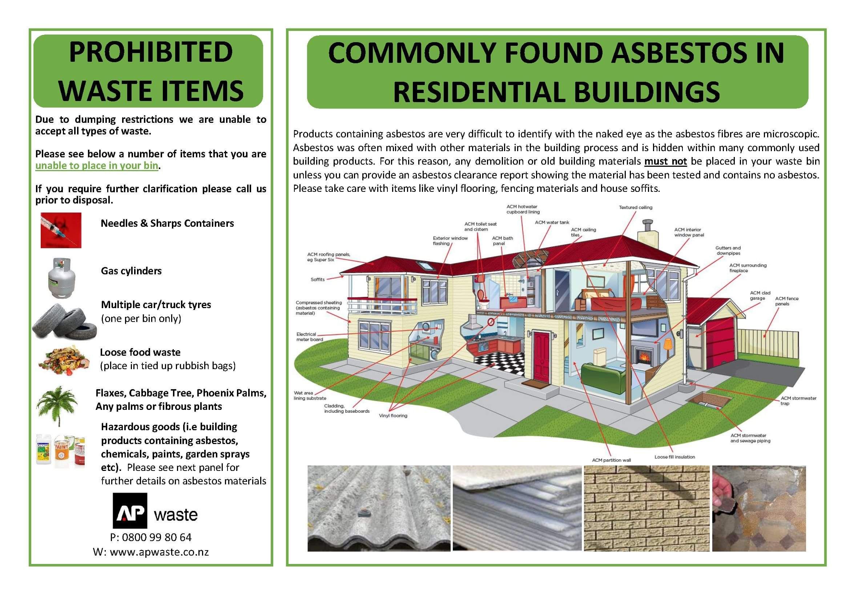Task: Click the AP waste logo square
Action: (x=130, y=510)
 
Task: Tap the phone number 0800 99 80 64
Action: (x=157, y=537)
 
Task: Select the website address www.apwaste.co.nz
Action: (x=159, y=552)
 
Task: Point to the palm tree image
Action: (x=57, y=406)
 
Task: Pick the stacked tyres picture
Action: (x=64, y=321)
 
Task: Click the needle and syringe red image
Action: (x=61, y=230)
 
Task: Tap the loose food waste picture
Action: (x=64, y=360)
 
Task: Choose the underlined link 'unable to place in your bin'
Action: (x=97, y=165)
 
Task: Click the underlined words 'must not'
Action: (x=666, y=161)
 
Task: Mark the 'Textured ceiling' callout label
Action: (x=636, y=207)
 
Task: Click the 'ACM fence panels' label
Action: (x=787, y=301)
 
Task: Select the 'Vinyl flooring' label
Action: (x=393, y=416)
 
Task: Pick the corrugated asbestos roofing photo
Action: (x=379, y=508)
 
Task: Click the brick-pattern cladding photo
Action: (x=646, y=508)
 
